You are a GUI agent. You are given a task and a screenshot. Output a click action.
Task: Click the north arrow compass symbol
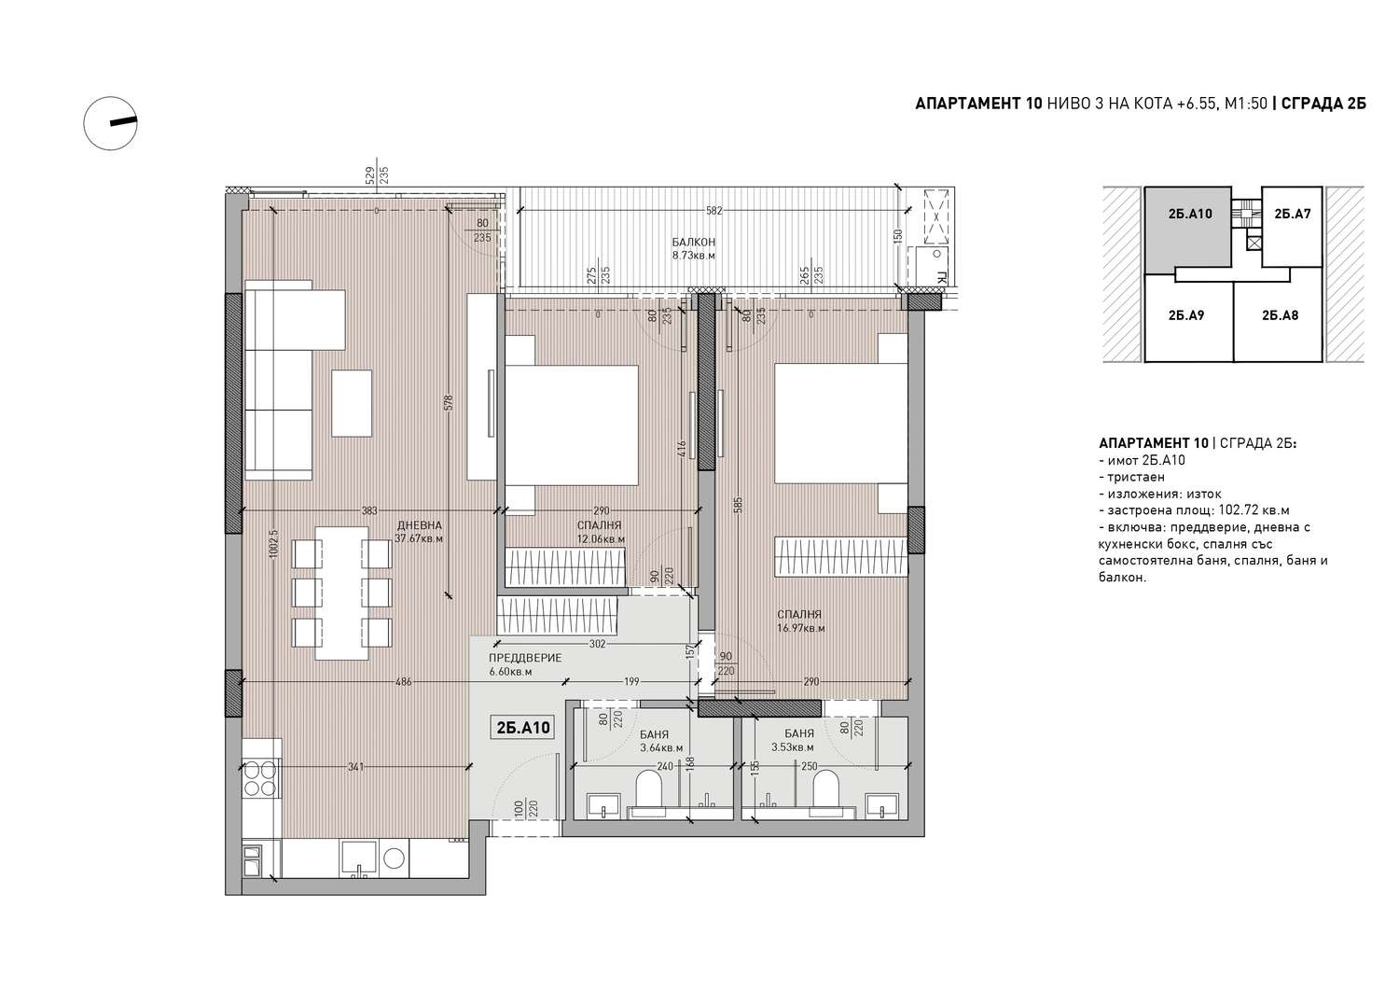(x=111, y=123)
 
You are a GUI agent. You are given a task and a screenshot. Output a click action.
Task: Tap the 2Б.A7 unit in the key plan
(x=1292, y=226)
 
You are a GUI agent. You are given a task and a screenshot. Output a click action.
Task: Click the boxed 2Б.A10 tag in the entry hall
(x=522, y=728)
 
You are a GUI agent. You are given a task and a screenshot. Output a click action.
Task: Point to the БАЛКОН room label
(x=693, y=242)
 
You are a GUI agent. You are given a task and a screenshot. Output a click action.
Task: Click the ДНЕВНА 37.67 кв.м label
(x=419, y=532)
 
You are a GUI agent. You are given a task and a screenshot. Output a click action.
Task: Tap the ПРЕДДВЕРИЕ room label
(x=525, y=658)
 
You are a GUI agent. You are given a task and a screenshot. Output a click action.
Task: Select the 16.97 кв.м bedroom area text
(x=800, y=628)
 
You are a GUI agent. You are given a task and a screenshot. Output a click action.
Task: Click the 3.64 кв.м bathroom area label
(x=661, y=747)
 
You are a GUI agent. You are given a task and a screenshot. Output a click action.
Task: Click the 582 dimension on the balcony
(x=713, y=211)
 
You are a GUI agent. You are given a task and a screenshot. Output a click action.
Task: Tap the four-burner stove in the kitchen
(x=260, y=778)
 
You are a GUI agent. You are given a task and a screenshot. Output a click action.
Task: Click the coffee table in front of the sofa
(x=352, y=403)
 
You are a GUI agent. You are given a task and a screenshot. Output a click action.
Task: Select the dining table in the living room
(x=341, y=593)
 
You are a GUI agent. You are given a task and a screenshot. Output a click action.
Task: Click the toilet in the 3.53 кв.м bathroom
(x=825, y=792)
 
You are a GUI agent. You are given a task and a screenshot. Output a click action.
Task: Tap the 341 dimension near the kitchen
(x=355, y=767)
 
